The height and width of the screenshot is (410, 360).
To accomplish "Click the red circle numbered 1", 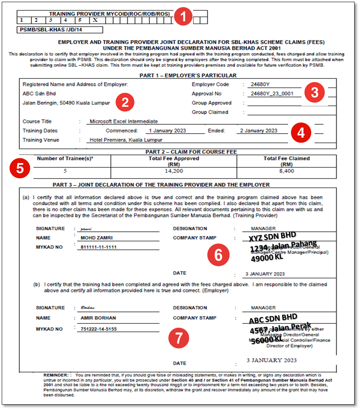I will point(183,17).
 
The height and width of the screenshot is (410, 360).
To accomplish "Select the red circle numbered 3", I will point(314,92).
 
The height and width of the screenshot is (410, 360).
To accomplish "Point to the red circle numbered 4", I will point(301,132).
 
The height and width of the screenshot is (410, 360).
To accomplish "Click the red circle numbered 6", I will point(218,255).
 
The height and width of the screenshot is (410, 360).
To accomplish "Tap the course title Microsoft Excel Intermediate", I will point(124,121).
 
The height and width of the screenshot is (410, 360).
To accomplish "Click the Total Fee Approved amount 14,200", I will point(174,171).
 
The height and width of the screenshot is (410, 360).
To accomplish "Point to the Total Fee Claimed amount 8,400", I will point(286,171).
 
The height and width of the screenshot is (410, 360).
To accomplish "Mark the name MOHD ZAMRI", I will point(97,238).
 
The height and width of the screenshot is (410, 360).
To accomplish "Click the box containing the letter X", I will point(95,20).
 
